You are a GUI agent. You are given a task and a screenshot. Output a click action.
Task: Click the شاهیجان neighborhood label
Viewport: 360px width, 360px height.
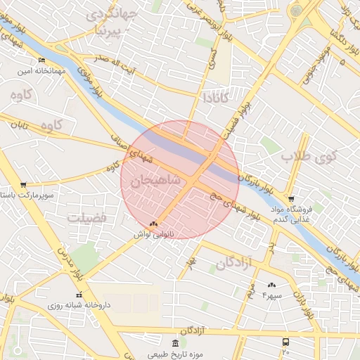(x=155, y=181)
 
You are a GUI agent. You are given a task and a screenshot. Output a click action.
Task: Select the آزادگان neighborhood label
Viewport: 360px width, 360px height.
(x=234, y=264)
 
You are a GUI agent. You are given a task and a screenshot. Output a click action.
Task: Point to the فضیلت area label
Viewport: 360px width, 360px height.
(x=86, y=218)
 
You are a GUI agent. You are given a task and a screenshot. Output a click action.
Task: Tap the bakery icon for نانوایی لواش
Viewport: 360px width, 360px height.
(x=154, y=224)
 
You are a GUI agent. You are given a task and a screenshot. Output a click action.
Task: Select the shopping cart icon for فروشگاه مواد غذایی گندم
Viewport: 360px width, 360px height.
(x=291, y=198)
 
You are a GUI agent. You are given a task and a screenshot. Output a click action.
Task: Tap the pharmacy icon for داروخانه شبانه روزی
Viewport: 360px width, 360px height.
(x=79, y=295)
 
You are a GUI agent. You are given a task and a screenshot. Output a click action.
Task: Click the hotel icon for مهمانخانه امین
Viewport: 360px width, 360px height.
(x=41, y=60)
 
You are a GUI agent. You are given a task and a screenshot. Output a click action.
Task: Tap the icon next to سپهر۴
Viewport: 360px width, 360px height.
(x=271, y=285)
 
